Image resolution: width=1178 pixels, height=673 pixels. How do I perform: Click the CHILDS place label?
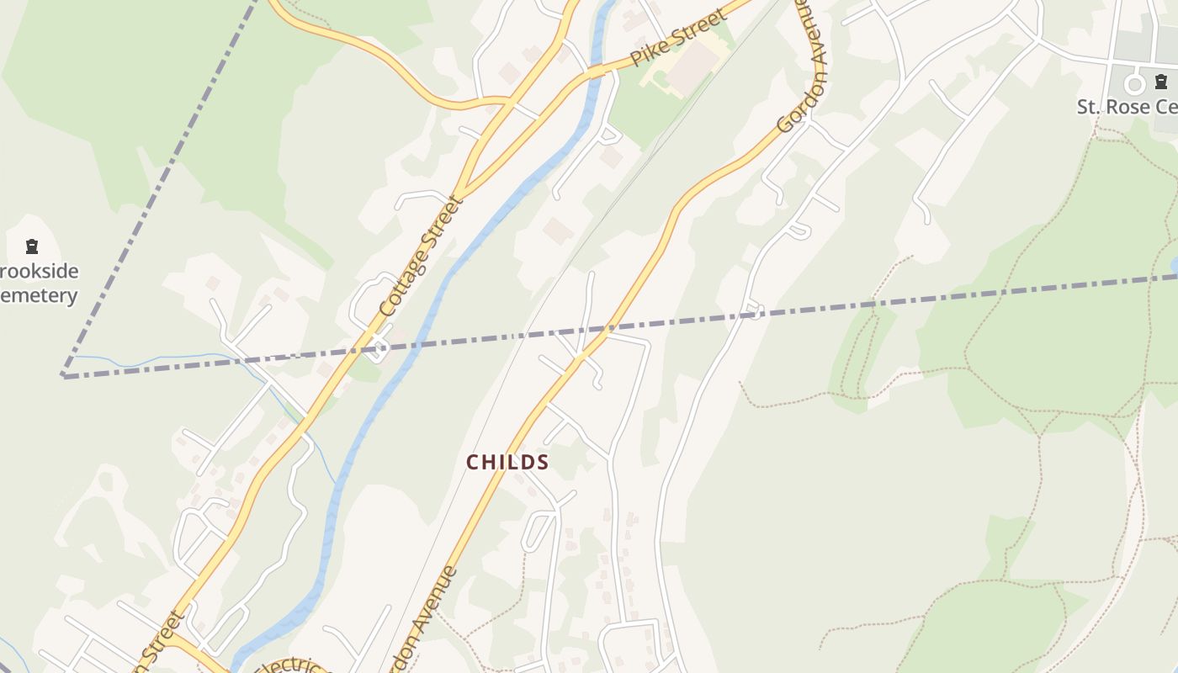[x=507, y=462]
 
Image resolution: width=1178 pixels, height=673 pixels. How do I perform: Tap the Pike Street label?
[x=677, y=39]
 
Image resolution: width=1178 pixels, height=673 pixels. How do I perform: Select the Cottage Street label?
[x=422, y=257]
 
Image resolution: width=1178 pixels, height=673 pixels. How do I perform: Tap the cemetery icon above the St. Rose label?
[x=1161, y=82]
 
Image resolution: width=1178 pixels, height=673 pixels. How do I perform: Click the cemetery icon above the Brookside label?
[x=32, y=246]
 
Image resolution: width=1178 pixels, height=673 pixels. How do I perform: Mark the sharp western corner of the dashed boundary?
[x=63, y=375]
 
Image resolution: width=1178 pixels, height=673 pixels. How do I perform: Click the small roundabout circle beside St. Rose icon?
[x=1134, y=84]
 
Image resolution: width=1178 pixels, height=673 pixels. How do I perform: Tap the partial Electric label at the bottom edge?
[x=290, y=665]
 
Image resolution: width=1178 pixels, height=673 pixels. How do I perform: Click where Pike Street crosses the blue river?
[x=597, y=72]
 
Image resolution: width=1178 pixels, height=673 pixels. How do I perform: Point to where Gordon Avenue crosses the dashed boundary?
[x=612, y=326]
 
